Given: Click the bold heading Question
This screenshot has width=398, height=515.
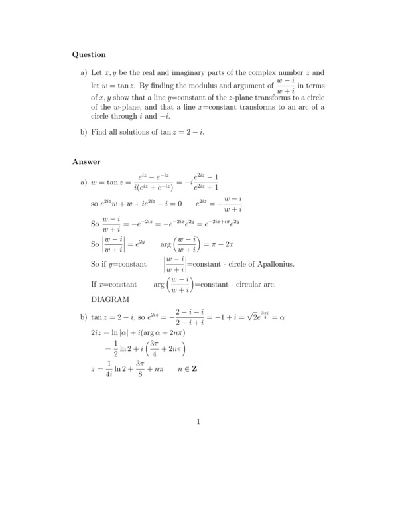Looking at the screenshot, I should coord(89,54).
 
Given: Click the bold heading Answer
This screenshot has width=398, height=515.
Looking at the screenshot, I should coord(86,161).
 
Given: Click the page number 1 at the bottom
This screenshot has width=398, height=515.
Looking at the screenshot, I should coord(198,421).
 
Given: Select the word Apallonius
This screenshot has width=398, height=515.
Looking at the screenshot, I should coord(271,265).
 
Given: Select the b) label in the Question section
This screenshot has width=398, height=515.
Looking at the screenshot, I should coord(84,132).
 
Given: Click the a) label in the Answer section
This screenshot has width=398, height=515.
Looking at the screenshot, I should coord(84,182).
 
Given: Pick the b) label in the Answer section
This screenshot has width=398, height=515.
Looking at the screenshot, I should coord(84,317).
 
